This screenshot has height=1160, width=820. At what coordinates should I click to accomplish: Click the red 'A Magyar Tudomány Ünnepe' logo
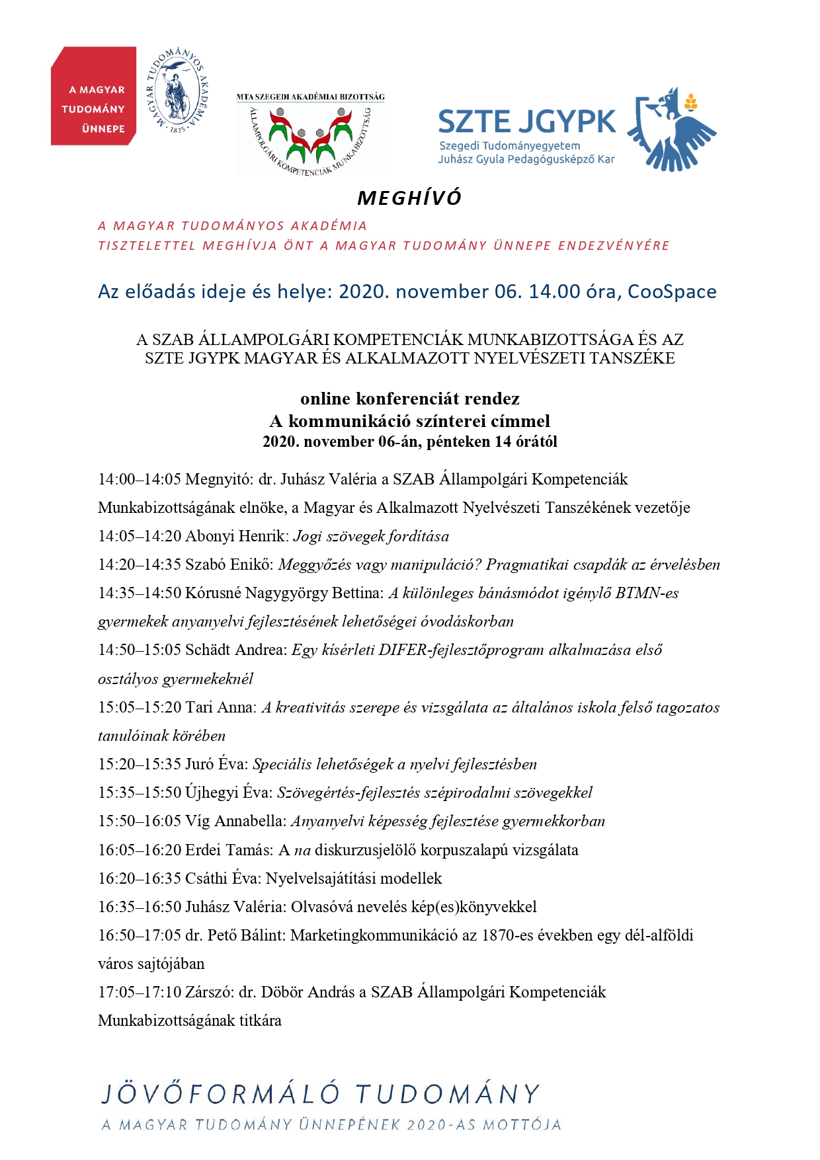point(93,96)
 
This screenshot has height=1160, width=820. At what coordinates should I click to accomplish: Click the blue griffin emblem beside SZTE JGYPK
point(671,129)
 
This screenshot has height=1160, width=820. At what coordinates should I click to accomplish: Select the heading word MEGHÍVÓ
point(409,198)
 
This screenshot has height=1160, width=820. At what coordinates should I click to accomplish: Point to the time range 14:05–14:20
point(140,536)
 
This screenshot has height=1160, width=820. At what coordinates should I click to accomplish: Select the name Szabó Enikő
point(229,564)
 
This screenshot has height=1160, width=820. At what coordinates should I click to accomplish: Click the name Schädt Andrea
point(237,650)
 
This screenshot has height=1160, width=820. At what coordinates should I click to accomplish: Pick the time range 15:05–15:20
point(140,707)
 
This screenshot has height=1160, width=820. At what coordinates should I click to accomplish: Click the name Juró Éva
point(216,764)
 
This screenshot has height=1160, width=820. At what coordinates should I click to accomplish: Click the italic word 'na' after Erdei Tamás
point(302,850)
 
